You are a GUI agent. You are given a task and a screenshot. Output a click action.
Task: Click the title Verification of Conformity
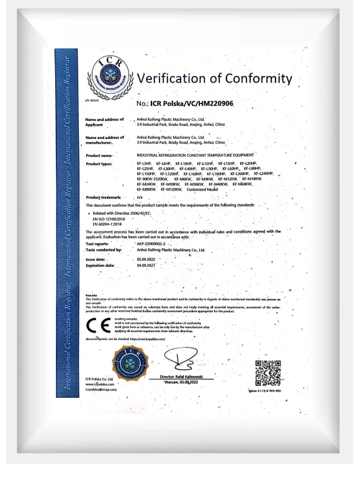pos(213,80)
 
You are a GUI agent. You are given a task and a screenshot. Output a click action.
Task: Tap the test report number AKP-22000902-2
pos(153,244)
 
